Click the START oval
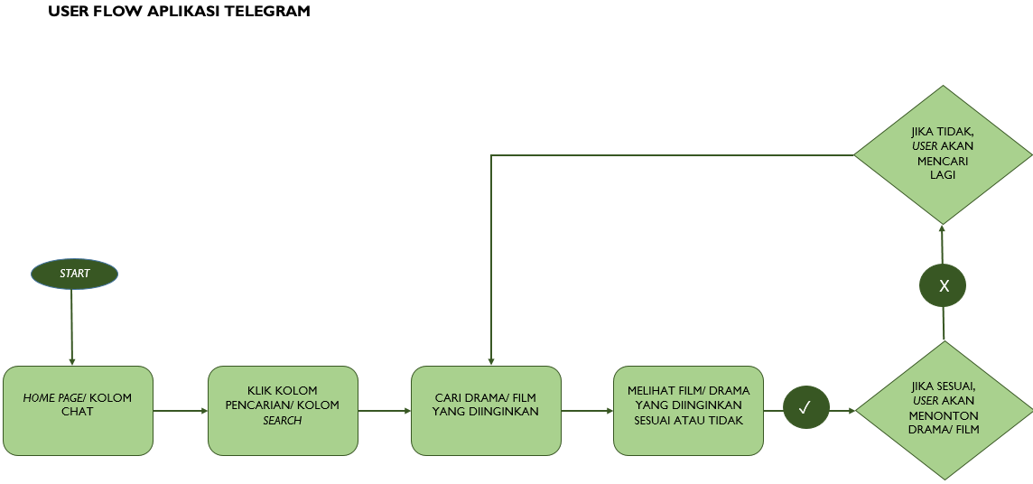pos(74,274)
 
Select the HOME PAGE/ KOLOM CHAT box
pos(78,410)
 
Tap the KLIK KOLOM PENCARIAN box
pos(283,410)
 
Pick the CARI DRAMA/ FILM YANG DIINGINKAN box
pos(486,410)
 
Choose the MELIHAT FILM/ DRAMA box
pos(688,410)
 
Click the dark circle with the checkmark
pos(806,407)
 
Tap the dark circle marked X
pos(943,286)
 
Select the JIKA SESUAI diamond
pos(944,410)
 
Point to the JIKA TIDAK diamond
pos(943,154)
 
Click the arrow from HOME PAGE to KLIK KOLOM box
pos(180,411)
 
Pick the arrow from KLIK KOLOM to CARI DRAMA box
pos(384,411)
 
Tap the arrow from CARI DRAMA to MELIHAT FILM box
pos(586,411)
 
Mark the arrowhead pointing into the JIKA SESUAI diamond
pos(850,411)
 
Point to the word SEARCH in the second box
pos(283,421)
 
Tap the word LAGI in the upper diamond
pos(942,175)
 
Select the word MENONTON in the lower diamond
pos(944,415)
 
